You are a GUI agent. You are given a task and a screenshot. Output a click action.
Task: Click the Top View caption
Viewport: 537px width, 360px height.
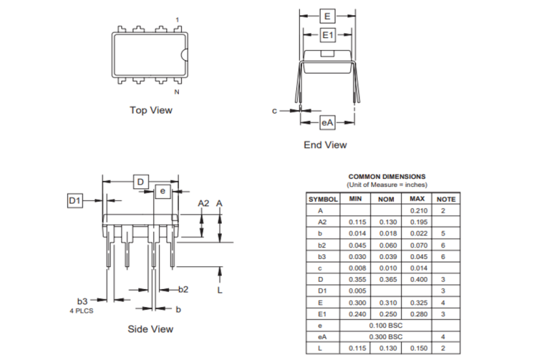tap(150, 110)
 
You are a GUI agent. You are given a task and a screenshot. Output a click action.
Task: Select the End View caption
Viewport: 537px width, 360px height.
tap(325, 145)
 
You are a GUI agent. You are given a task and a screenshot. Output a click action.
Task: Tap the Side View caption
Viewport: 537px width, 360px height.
tap(150, 329)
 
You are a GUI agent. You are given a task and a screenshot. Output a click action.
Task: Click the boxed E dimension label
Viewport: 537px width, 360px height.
tap(327, 16)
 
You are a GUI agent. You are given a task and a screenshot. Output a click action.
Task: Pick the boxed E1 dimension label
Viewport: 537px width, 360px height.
tap(327, 35)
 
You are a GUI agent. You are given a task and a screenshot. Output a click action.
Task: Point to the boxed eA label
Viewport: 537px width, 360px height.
tap(327, 123)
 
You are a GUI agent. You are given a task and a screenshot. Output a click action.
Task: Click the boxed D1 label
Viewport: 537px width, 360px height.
tap(76, 201)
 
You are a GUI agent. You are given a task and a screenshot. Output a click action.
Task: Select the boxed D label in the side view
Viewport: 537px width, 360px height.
tap(141, 183)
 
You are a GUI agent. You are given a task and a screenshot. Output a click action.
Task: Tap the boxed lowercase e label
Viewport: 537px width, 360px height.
tap(163, 191)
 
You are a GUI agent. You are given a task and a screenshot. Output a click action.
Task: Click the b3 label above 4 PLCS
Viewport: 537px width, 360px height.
tap(82, 302)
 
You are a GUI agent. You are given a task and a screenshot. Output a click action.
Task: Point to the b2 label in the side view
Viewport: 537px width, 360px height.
tap(183, 289)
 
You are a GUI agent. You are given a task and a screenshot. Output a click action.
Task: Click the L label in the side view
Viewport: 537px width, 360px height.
tap(220, 291)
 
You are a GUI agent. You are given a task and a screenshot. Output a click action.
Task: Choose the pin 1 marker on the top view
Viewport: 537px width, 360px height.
tap(178, 19)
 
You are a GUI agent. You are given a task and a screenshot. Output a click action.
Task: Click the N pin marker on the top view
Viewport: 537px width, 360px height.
tap(177, 92)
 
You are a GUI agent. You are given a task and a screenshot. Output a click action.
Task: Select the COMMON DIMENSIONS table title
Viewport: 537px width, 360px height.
tap(387, 176)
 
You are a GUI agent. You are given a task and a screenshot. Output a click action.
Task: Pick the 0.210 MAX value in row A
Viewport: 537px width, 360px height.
tap(418, 210)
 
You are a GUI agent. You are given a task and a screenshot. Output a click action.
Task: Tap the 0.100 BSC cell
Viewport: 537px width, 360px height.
tap(385, 325)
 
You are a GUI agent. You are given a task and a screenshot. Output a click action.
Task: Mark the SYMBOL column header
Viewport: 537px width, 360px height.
tap(324, 199)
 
